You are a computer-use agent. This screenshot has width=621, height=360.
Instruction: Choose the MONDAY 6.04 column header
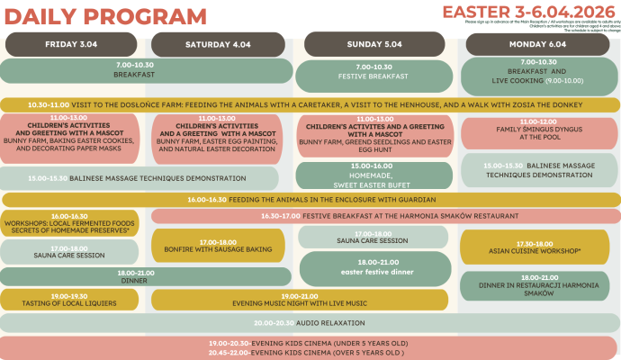click(x=537, y=43)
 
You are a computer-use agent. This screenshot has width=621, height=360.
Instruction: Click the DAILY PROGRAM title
click(x=104, y=15)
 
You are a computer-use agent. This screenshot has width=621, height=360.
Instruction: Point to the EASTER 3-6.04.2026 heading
click(x=530, y=11)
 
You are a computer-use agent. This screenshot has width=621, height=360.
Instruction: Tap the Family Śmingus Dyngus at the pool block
click(x=539, y=132)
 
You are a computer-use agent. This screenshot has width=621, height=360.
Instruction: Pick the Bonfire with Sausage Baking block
click(x=223, y=245)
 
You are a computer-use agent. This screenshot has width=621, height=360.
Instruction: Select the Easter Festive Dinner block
click(x=373, y=267)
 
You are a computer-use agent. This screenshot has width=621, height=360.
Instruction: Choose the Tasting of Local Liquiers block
click(x=69, y=300)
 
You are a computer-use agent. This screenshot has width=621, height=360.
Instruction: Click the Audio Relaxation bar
click(x=310, y=322)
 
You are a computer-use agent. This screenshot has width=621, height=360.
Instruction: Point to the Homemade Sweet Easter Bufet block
click(x=373, y=175)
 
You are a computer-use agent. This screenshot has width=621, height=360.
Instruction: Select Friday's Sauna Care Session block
click(x=69, y=252)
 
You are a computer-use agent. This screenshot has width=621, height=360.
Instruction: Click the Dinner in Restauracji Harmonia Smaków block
click(x=538, y=285)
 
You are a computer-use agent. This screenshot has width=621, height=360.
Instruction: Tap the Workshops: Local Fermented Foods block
click(x=69, y=223)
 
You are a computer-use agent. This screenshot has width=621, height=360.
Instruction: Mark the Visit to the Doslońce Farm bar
click(x=310, y=104)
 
